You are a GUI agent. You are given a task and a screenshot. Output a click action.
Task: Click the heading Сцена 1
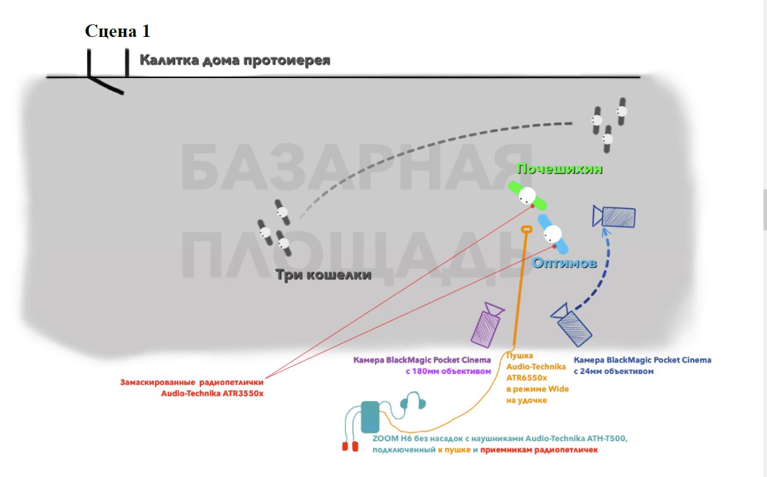[117, 31]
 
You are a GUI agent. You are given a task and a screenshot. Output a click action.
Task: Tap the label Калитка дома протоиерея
[235, 60]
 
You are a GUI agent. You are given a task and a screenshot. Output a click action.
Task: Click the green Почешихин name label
[560, 169]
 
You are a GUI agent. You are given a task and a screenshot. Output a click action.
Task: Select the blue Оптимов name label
[564, 263]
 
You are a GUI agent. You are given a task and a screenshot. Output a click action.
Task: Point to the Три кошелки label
[324, 275]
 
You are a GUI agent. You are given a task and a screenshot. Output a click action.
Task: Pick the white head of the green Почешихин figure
[527, 196]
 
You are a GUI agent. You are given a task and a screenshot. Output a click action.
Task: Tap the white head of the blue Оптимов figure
[552, 234]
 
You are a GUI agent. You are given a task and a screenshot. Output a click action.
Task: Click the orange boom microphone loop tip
[527, 229]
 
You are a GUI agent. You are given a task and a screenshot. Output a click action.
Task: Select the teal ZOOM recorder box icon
[370, 417]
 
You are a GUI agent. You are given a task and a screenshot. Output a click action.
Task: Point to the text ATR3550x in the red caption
[243, 394]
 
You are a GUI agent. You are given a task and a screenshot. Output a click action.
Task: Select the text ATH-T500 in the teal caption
[607, 438]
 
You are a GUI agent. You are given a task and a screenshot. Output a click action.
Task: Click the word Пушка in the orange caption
[520, 356]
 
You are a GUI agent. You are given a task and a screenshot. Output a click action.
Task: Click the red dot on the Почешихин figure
[532, 206]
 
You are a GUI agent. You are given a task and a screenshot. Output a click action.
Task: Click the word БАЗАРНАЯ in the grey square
[356, 167]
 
